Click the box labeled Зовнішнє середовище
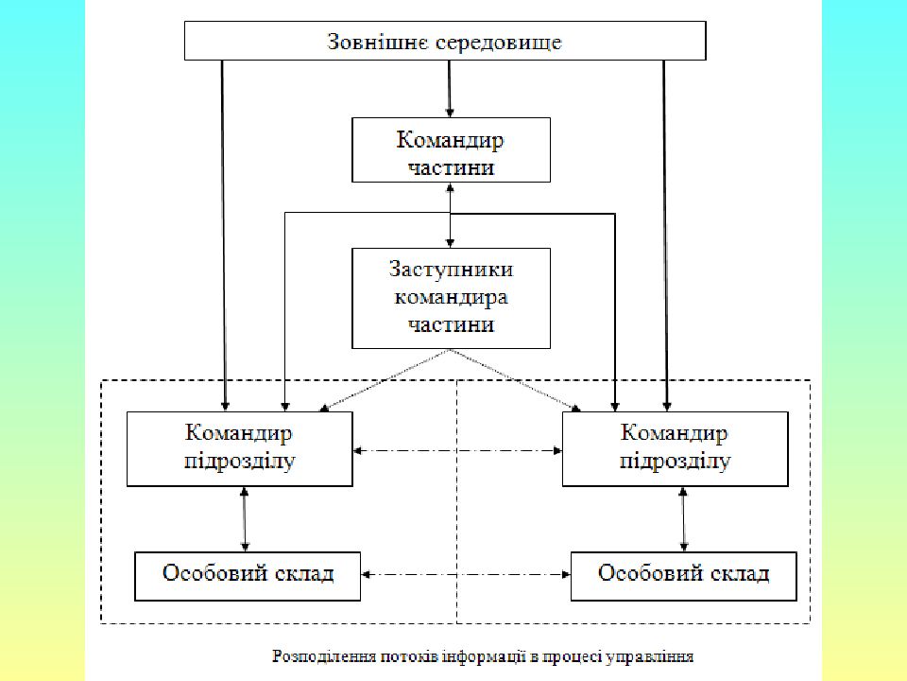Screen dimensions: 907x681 click(x=445, y=41)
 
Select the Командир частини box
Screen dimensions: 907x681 click(x=451, y=150)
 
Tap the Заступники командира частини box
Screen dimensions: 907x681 click(x=451, y=298)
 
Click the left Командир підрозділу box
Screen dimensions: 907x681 click(x=239, y=448)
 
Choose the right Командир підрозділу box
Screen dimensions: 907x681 click(x=675, y=448)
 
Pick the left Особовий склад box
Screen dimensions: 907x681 click(x=248, y=576)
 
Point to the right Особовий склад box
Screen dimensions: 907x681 click(x=684, y=576)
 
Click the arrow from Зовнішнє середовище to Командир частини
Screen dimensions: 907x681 click(x=450, y=89)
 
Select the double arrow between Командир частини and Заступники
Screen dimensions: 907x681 click(x=450, y=216)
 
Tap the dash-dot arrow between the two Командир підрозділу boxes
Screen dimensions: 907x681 click(x=457, y=450)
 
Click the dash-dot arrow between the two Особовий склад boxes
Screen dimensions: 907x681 click(x=466, y=574)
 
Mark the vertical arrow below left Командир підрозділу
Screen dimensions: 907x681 click(x=244, y=519)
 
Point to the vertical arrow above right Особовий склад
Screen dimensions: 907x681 click(x=683, y=519)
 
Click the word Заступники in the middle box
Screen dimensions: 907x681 click(x=451, y=270)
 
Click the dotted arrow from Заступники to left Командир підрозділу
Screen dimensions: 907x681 click(x=385, y=380)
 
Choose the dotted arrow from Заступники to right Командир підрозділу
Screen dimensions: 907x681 click(x=516, y=380)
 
